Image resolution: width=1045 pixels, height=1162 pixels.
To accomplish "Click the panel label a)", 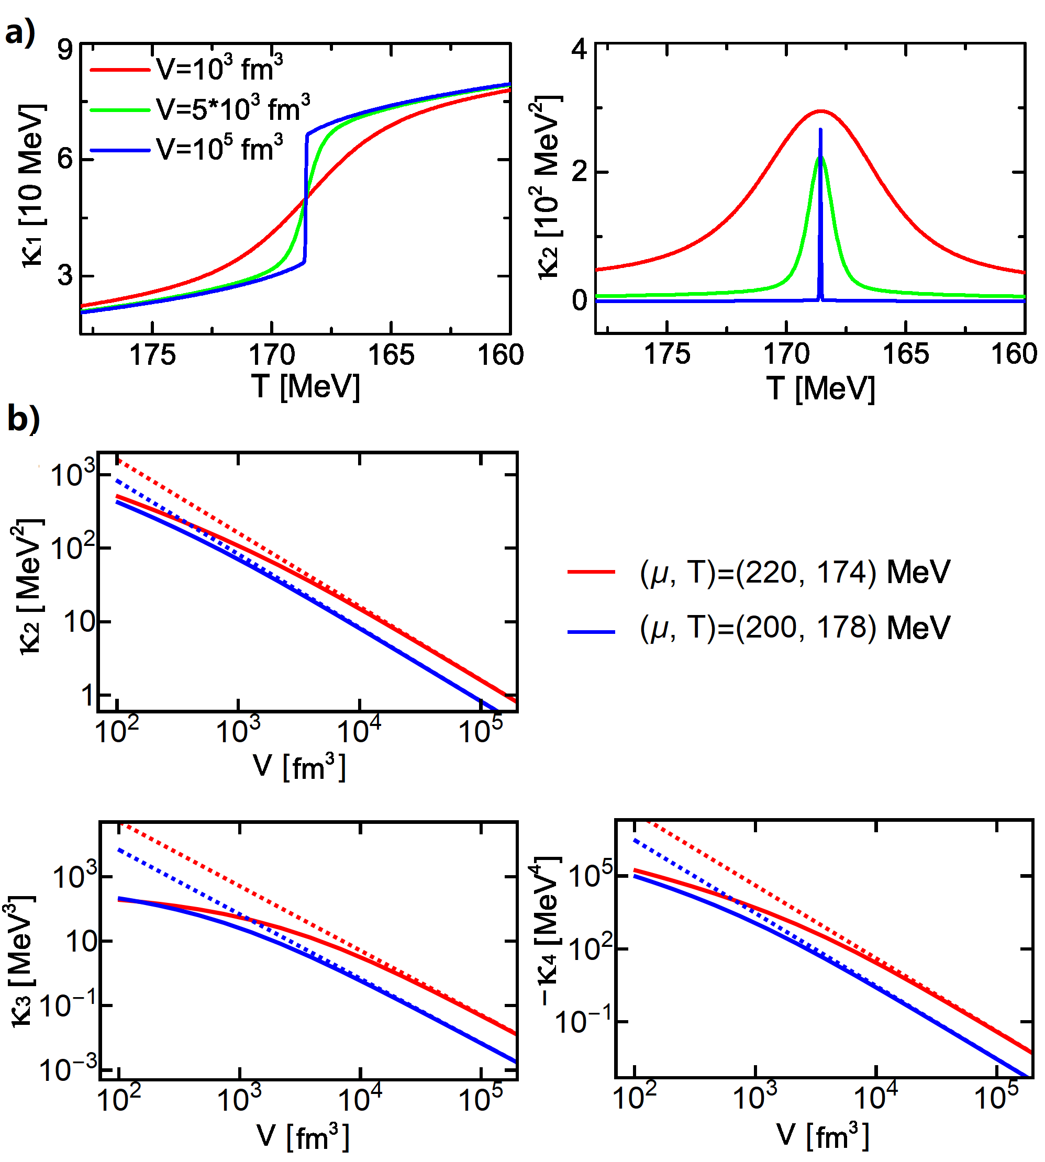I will tap(19, 31).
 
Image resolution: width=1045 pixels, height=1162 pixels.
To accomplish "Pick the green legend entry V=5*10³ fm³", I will tap(232, 108).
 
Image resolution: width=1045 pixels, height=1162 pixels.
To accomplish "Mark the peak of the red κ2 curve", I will tap(820, 111).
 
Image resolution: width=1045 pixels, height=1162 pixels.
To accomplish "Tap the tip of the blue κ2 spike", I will tap(820, 130).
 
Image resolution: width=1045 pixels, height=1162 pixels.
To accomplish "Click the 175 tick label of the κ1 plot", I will tap(152, 355).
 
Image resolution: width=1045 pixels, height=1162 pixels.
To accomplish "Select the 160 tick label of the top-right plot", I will tap(1014, 354).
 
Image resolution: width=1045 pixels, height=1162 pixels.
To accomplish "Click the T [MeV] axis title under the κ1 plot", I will tap(305, 386).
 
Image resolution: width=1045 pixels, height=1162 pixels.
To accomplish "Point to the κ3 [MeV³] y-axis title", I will tap(22, 961).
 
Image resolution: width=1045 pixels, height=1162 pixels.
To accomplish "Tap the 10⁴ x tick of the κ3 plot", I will tap(360, 1098).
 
